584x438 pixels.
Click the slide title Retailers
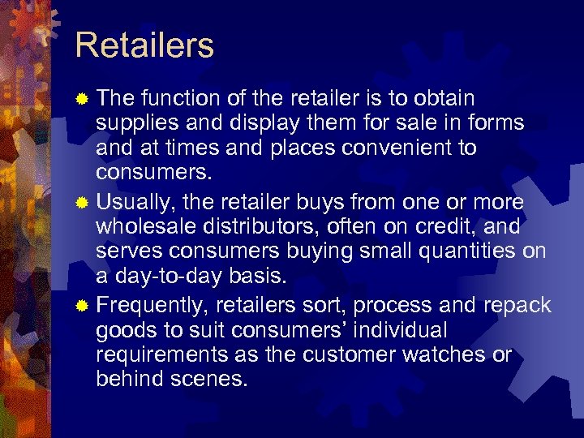pyautogui.click(x=144, y=45)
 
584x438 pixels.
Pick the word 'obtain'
pyautogui.click(x=444, y=98)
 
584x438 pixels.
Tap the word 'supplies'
pyautogui.click(x=133, y=123)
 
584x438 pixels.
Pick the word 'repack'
pyautogui.click(x=517, y=305)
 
